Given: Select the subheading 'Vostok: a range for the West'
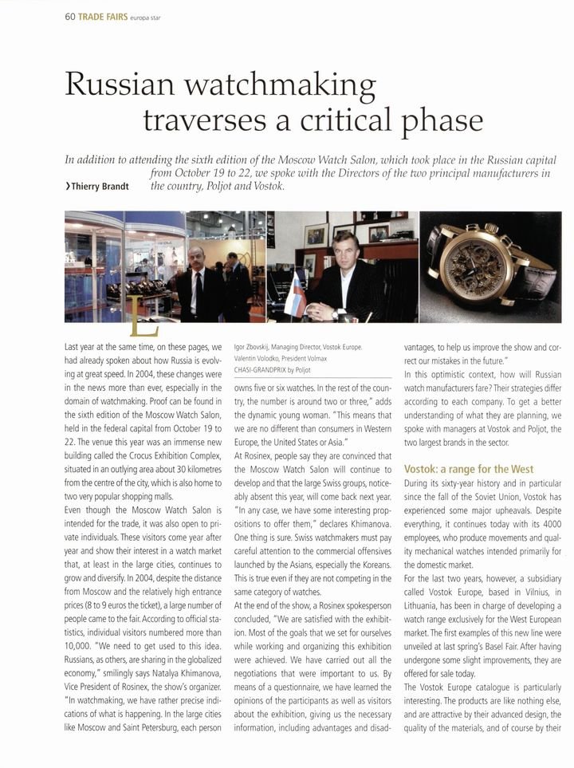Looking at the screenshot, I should coord(469,469).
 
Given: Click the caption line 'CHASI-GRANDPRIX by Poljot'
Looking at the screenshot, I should coord(278,369).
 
